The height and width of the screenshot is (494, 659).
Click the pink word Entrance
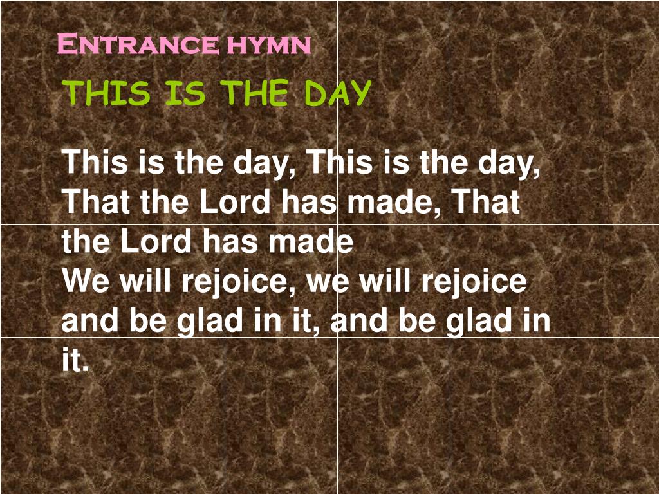click(x=137, y=45)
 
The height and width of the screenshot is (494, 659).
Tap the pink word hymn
click(x=268, y=45)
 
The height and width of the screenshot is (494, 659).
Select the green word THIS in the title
click(x=107, y=94)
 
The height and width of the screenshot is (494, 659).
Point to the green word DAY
click(x=338, y=94)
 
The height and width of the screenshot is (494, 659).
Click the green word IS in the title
click(x=185, y=94)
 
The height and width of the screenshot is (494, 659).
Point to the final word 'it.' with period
click(x=75, y=361)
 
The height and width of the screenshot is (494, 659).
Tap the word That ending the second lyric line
click(x=486, y=203)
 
